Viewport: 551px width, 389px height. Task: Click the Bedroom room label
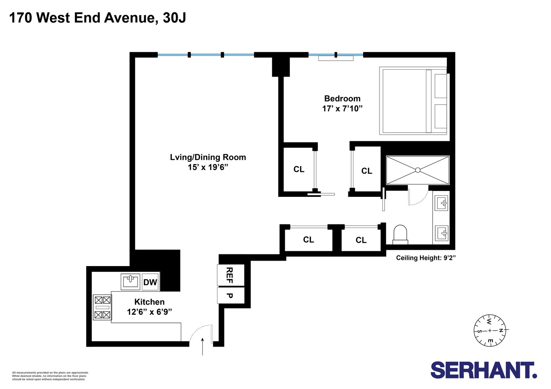pyautogui.click(x=342, y=98)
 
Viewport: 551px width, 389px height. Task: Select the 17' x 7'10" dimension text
pyautogui.click(x=342, y=109)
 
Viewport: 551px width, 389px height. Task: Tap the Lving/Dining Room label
pyautogui.click(x=208, y=157)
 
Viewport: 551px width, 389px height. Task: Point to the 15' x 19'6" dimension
pyautogui.click(x=208, y=167)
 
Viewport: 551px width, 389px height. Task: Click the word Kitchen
pyautogui.click(x=149, y=302)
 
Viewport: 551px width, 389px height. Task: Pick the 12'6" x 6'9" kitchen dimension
pyautogui.click(x=149, y=312)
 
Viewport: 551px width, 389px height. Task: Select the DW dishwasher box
pyautogui.click(x=150, y=282)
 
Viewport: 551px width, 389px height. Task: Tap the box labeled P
pyautogui.click(x=230, y=296)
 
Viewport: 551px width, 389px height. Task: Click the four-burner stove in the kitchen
pyautogui.click(x=102, y=307)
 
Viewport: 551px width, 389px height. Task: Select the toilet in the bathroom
pyautogui.click(x=400, y=235)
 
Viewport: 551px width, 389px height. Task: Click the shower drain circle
pyautogui.click(x=418, y=170)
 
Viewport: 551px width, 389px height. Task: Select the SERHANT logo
pyautogui.click(x=484, y=370)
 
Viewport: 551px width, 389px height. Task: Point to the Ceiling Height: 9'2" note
pyautogui.click(x=426, y=258)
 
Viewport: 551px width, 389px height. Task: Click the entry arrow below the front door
pyautogui.click(x=203, y=347)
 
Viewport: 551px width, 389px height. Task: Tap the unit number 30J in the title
pyautogui.click(x=174, y=18)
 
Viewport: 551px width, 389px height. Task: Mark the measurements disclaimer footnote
pyautogui.click(x=50, y=376)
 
